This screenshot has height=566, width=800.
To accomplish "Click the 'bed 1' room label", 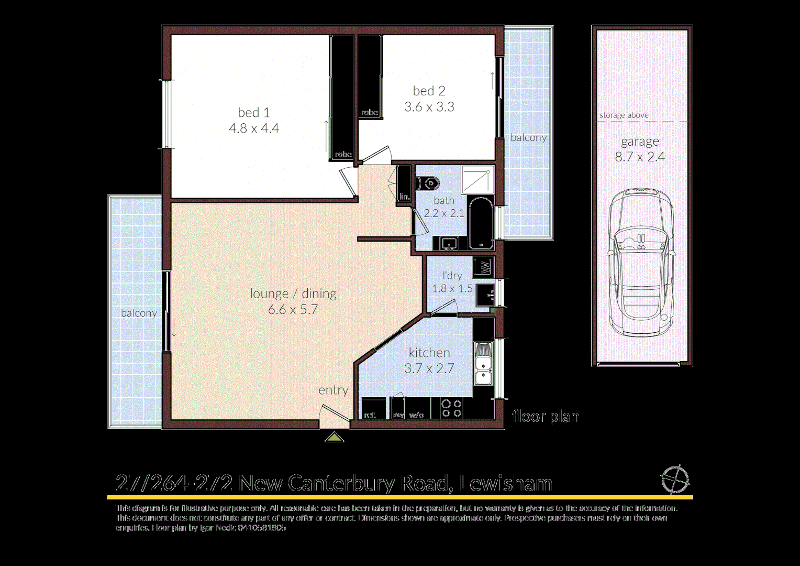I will (x=253, y=113).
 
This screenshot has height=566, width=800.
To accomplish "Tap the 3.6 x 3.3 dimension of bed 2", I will (x=429, y=107).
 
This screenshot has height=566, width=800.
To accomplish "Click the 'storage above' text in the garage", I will (x=624, y=115).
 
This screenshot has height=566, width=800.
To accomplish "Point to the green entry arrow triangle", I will (x=334, y=437).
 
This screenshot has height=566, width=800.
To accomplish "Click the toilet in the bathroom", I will (x=428, y=183).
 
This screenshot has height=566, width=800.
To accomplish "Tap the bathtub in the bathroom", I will (x=481, y=223).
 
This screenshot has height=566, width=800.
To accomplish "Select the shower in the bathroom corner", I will (x=477, y=179).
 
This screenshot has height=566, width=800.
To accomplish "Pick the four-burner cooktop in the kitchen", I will (x=451, y=408).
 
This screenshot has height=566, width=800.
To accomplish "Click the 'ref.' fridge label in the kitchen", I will (x=370, y=415).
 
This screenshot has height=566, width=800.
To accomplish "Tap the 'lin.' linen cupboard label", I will (x=404, y=197).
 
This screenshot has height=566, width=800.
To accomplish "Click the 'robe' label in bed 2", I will (x=369, y=113).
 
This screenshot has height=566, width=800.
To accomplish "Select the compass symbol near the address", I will (x=674, y=479).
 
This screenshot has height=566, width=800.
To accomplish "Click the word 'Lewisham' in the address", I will (x=505, y=483).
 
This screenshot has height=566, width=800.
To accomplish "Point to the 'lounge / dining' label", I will (x=293, y=293).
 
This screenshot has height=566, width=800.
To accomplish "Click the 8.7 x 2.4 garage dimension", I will (x=640, y=157).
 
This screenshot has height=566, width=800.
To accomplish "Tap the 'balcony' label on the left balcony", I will (x=139, y=313).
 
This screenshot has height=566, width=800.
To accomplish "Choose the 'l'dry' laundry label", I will (x=452, y=275).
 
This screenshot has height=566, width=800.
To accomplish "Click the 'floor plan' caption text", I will (x=545, y=416).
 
